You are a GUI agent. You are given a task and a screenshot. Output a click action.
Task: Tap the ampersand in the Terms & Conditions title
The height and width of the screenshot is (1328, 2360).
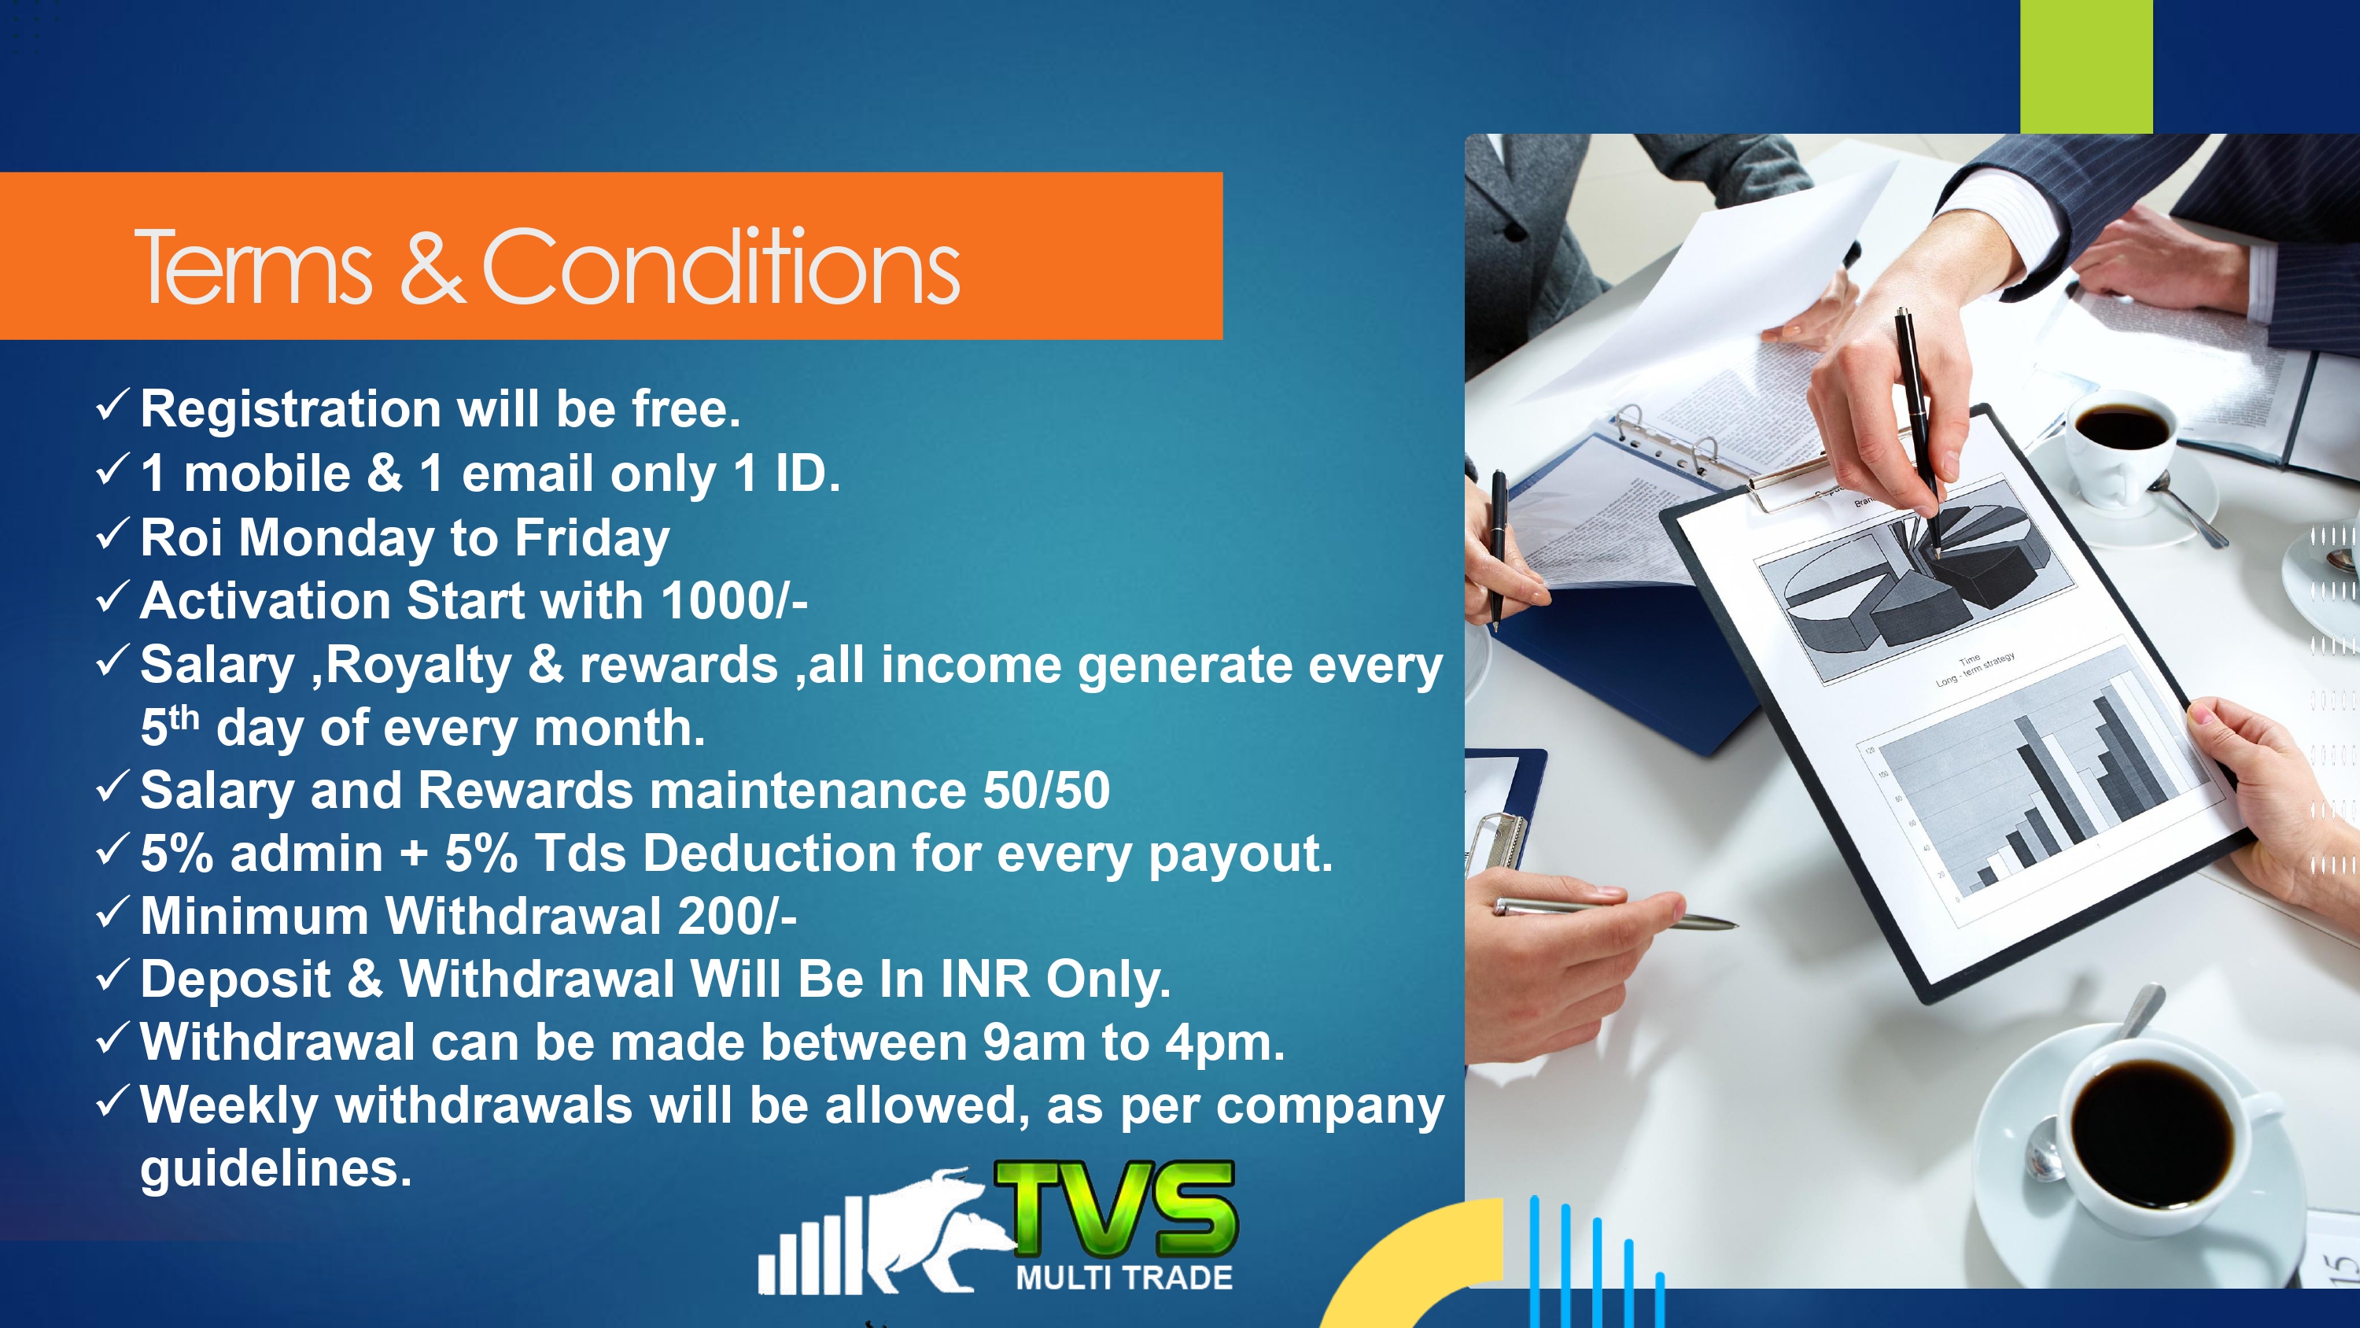(x=433, y=267)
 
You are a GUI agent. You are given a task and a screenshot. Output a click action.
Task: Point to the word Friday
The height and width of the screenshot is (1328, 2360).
(x=592, y=538)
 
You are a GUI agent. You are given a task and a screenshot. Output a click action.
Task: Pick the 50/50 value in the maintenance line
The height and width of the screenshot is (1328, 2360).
(x=1046, y=790)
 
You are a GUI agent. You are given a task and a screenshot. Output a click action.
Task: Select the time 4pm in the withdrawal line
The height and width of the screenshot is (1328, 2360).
(x=1225, y=1043)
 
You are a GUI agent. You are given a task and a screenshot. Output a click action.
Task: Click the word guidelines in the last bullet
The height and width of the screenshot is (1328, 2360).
(x=276, y=1169)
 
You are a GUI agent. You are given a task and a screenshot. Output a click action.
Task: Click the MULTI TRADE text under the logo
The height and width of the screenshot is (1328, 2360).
(x=1124, y=1278)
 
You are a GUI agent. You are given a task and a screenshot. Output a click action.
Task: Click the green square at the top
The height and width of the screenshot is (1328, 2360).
(x=2086, y=66)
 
